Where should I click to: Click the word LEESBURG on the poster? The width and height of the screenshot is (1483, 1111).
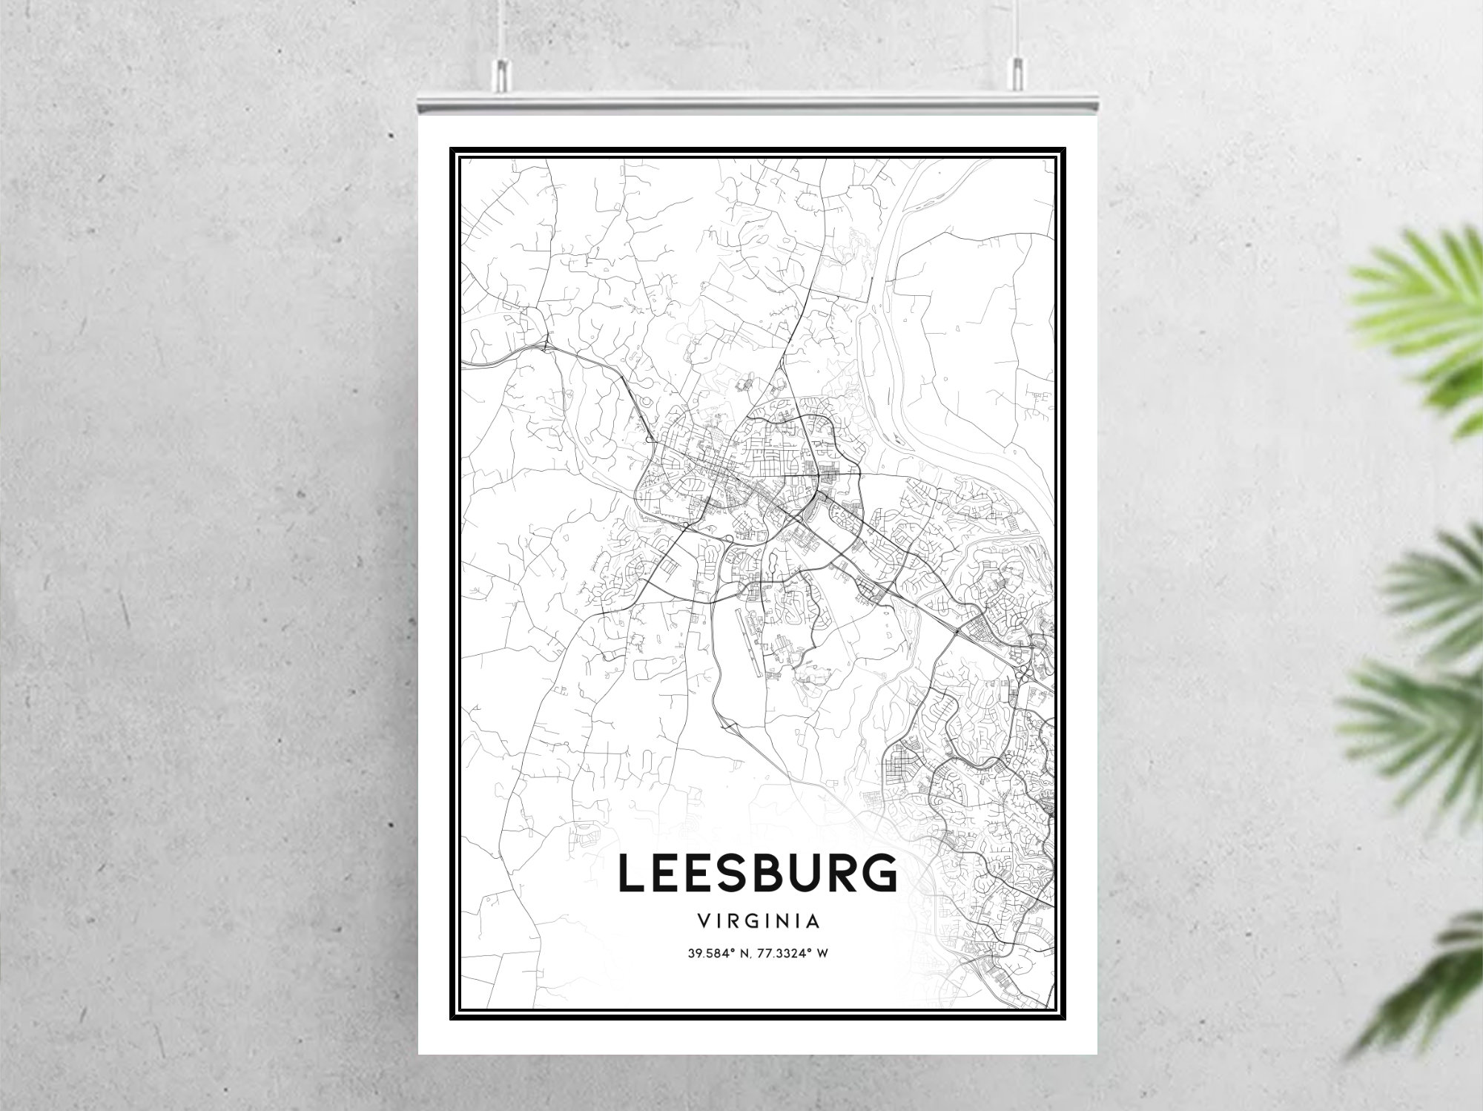click(x=757, y=873)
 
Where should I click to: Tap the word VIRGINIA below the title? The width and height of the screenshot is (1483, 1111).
click(x=758, y=922)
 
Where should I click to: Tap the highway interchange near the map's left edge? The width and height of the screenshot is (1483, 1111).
click(x=546, y=346)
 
